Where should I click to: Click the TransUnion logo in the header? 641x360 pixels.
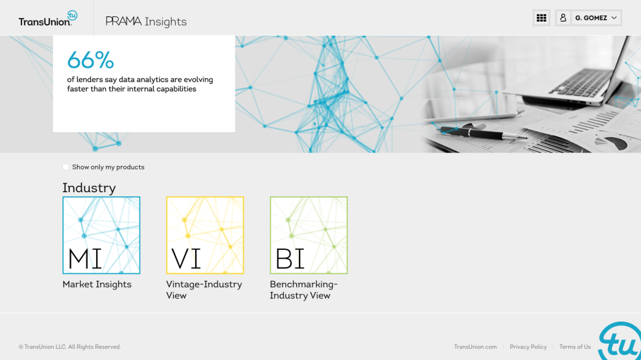48,18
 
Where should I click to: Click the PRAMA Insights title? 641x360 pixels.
146,22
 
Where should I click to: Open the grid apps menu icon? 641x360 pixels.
541,18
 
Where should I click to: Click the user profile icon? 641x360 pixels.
563,18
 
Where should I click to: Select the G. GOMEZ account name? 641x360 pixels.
591,18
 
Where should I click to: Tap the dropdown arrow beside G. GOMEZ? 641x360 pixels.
614,18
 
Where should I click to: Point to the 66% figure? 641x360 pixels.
90,60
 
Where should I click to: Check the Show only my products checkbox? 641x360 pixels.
65,167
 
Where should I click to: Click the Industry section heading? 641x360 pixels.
89,188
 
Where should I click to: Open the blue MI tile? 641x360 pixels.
101,235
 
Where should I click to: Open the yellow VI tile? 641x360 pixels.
205,235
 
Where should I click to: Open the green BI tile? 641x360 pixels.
309,235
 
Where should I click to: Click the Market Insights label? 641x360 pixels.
97,284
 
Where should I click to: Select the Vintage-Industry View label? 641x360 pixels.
204,290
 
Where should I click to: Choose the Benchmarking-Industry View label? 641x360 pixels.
304,290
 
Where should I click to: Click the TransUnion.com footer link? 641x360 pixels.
475,347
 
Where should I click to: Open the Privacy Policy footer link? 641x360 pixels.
528,347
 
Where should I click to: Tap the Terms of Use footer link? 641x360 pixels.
575,347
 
